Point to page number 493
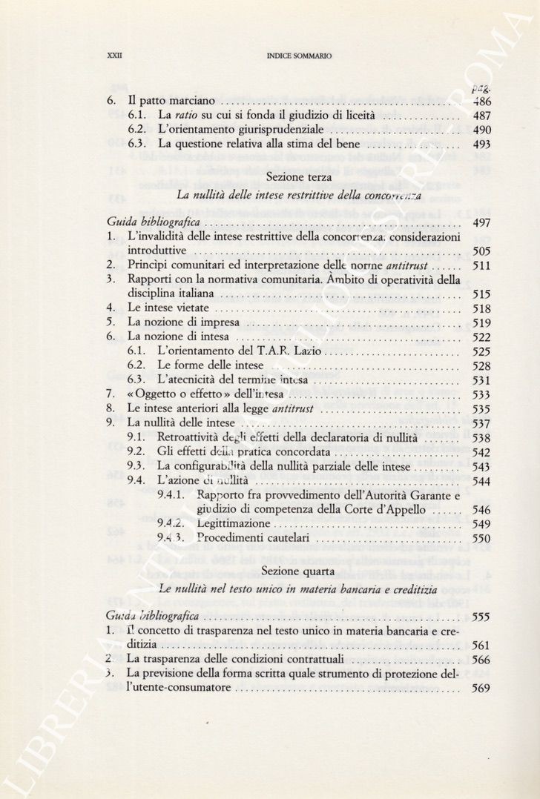pos(481,145)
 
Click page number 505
pos(481,251)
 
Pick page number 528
pos(481,365)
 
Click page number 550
pos(481,538)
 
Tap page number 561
pos(481,645)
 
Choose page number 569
pos(481,689)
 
